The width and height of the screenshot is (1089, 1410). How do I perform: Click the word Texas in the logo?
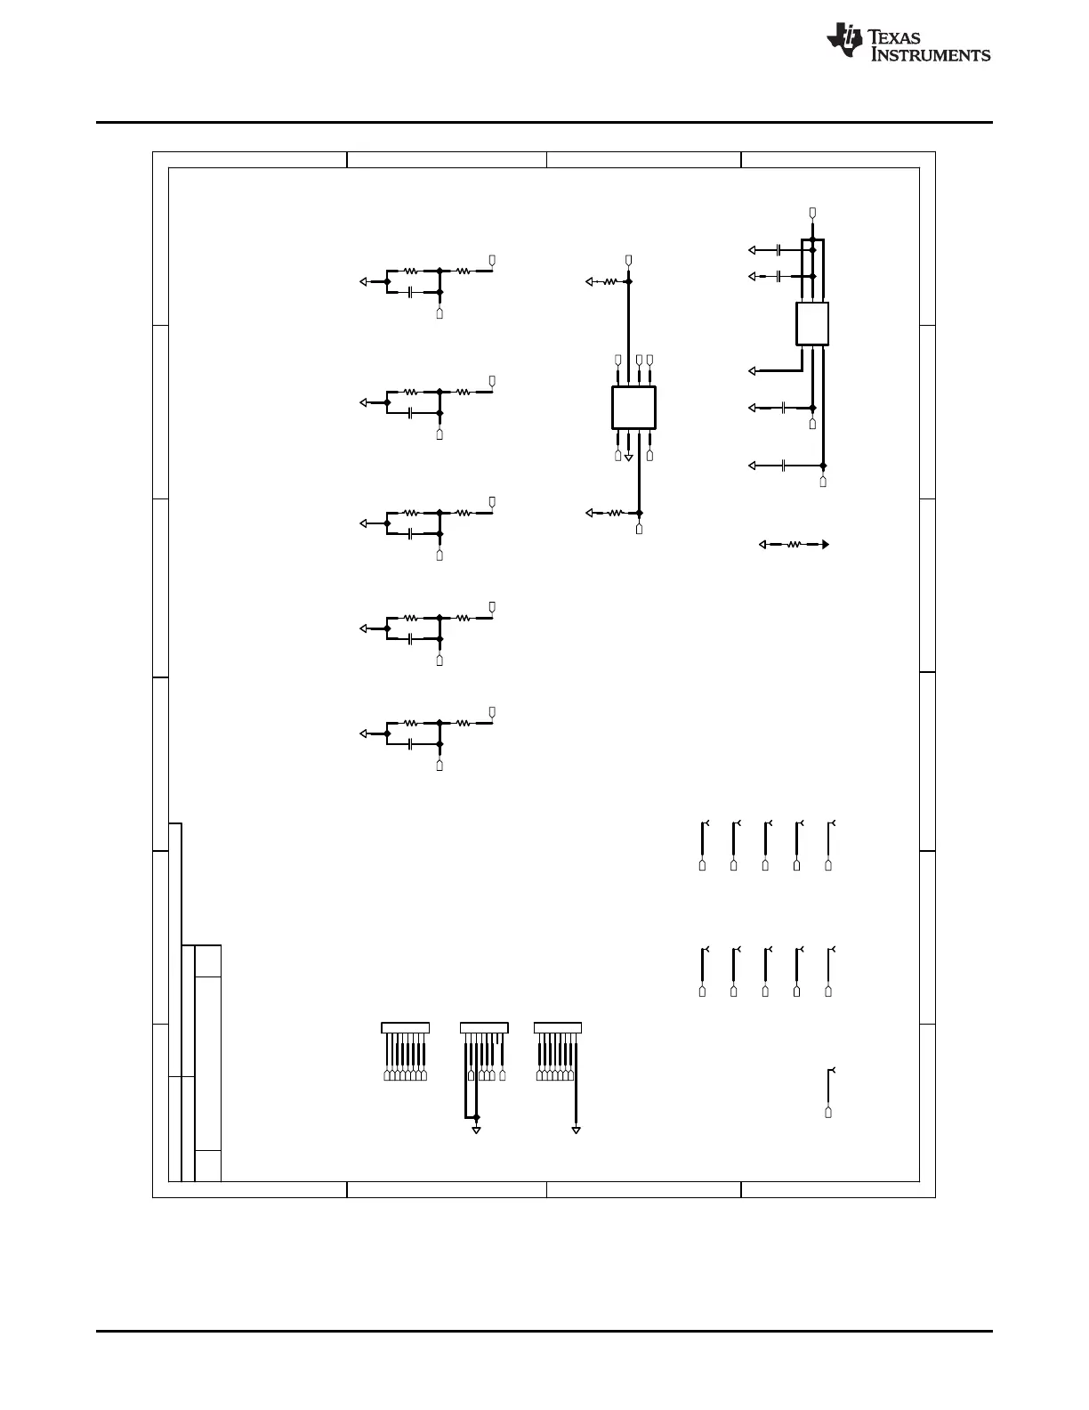pyautogui.click(x=894, y=37)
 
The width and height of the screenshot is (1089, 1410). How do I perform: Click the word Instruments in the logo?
pyautogui.click(x=930, y=55)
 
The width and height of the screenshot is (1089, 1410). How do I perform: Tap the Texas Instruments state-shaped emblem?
pyautogui.click(x=843, y=39)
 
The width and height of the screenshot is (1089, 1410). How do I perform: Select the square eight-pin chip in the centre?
pyautogui.click(x=633, y=408)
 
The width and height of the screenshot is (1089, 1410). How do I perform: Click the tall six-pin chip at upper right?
pyautogui.click(x=812, y=324)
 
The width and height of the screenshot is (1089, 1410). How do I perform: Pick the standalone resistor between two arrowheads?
pyautogui.click(x=794, y=545)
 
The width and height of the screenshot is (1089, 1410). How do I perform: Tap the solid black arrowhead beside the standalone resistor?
pyautogui.click(x=826, y=545)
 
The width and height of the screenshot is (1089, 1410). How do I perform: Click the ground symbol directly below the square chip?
pyautogui.click(x=628, y=458)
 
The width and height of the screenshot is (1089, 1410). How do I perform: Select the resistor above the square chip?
pyautogui.click(x=609, y=281)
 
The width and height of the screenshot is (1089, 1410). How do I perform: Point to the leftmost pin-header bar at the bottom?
pyautogui.click(x=406, y=1028)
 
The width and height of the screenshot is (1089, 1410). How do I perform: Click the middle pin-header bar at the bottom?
pyautogui.click(x=484, y=1028)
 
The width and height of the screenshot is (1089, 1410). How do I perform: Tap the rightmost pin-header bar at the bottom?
pyautogui.click(x=558, y=1028)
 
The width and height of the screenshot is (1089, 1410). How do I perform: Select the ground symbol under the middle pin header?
pyautogui.click(x=476, y=1130)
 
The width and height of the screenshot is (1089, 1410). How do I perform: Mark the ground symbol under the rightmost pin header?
pyautogui.click(x=576, y=1130)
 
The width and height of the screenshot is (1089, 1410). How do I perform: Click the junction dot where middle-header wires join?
pyautogui.click(x=476, y=1117)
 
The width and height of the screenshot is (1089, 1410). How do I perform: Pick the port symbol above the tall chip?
pyautogui.click(x=812, y=213)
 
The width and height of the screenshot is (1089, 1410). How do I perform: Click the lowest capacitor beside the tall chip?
pyautogui.click(x=784, y=466)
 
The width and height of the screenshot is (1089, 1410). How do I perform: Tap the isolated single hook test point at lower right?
pyautogui.click(x=829, y=1093)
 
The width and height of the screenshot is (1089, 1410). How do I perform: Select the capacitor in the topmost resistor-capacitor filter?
pyautogui.click(x=410, y=293)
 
